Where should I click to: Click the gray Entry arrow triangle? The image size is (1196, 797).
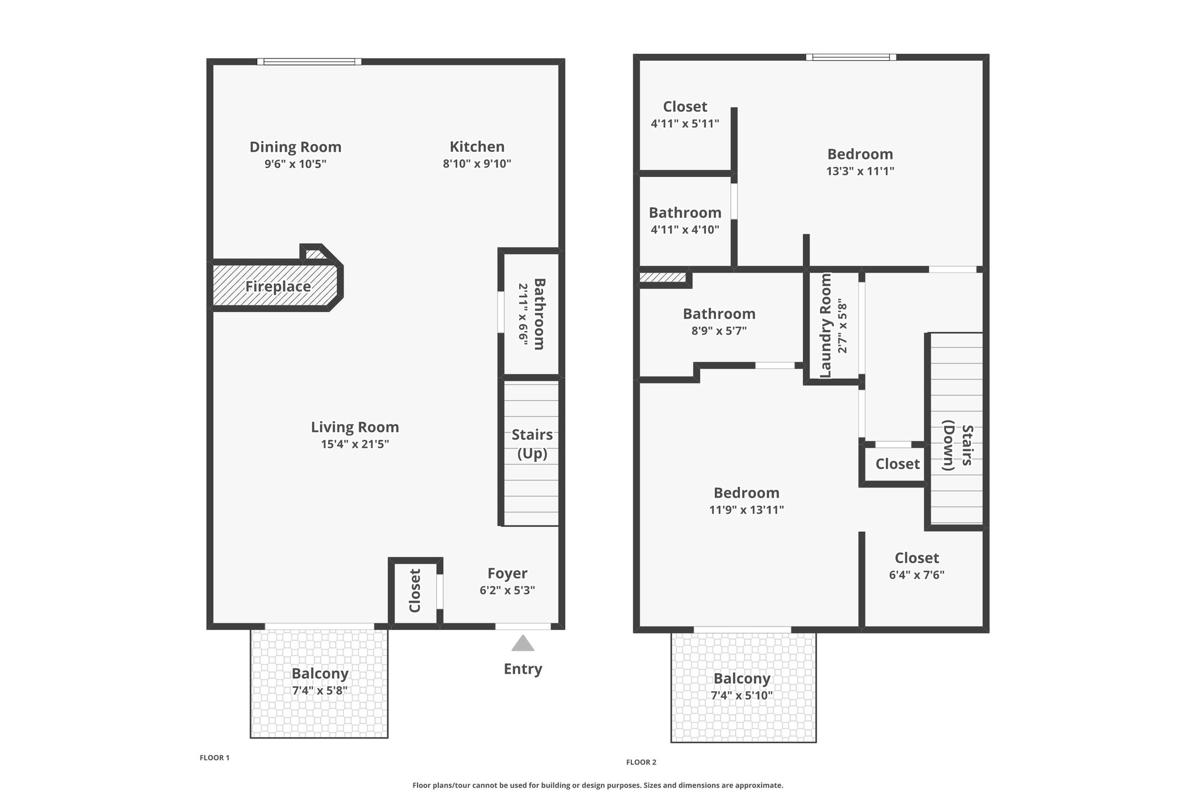click(523, 643)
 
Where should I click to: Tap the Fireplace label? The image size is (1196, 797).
click(278, 287)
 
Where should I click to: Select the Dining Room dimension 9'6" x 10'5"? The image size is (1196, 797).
click(295, 163)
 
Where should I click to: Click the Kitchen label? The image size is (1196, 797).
click(477, 147)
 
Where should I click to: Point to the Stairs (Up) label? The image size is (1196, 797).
click(532, 444)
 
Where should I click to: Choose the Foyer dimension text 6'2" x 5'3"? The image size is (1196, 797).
click(507, 590)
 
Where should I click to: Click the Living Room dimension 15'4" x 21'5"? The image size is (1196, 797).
click(355, 444)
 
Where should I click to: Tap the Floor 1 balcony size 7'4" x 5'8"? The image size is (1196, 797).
click(320, 691)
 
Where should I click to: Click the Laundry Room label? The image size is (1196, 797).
click(826, 326)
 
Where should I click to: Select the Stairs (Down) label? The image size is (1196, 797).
click(958, 448)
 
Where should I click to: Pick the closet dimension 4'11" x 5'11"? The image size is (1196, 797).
click(685, 124)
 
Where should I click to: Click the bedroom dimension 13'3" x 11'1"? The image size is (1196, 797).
click(860, 171)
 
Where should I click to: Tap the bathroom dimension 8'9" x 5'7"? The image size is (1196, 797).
click(719, 331)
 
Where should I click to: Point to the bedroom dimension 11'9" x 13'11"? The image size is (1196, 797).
click(746, 510)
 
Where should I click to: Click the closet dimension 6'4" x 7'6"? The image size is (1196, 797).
click(917, 575)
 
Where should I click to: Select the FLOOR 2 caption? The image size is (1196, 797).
click(641, 762)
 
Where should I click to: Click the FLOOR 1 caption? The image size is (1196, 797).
click(214, 758)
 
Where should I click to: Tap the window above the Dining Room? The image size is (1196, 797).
click(310, 61)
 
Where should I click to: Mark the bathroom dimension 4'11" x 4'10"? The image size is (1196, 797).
click(685, 229)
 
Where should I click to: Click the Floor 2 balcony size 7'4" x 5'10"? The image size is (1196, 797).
click(742, 695)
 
